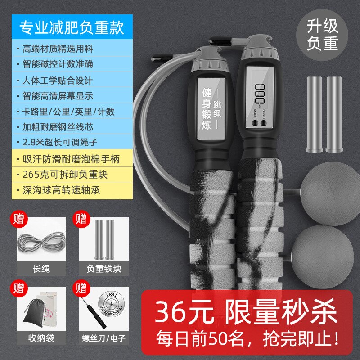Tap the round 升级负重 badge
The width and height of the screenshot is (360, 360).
pyautogui.click(x=323, y=36)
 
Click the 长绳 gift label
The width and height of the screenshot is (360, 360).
pyautogui.click(x=41, y=269)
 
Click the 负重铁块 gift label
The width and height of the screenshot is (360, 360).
pyautogui.click(x=104, y=269)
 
